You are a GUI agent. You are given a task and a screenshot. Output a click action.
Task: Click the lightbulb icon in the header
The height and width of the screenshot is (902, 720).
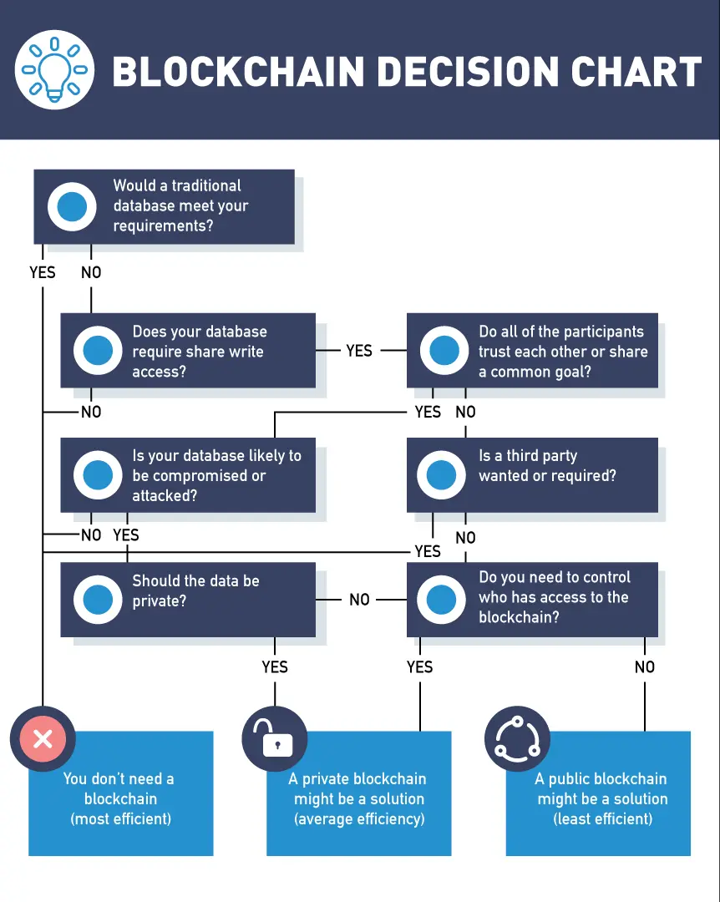(x=55, y=70)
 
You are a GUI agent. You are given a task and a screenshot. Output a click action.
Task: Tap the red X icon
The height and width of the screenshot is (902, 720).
(x=43, y=738)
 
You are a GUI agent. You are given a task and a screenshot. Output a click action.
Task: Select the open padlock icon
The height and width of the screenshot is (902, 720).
(x=275, y=738)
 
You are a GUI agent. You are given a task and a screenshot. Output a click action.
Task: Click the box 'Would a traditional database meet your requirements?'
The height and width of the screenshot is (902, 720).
(x=164, y=206)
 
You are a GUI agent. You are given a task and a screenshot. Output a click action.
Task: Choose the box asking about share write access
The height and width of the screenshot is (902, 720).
(x=188, y=351)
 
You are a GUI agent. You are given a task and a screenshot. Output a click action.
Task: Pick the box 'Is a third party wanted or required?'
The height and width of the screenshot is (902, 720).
(x=532, y=474)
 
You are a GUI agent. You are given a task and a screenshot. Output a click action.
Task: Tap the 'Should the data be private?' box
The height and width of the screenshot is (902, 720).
(x=188, y=599)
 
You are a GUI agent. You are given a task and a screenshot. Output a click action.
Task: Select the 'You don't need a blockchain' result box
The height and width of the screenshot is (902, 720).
(x=121, y=798)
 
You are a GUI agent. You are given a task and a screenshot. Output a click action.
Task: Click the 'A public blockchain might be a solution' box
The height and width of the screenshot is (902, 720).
(x=598, y=798)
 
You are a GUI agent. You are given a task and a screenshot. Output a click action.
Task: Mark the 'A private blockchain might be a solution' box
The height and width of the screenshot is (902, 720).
(x=359, y=798)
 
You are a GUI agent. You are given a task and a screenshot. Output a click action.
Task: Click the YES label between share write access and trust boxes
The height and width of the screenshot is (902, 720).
(x=359, y=351)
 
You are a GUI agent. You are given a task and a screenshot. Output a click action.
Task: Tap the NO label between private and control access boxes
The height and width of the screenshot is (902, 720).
(x=359, y=600)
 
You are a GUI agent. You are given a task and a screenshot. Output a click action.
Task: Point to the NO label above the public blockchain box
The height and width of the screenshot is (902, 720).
(x=645, y=666)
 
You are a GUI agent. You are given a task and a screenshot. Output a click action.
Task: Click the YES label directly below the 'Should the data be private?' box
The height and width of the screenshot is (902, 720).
(x=275, y=666)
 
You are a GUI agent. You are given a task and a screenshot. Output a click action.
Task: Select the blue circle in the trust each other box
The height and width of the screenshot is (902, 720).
(x=444, y=351)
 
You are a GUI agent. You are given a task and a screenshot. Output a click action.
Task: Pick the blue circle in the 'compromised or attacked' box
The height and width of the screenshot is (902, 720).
(x=98, y=474)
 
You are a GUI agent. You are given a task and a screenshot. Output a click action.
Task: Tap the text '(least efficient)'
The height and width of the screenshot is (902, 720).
(x=602, y=818)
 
